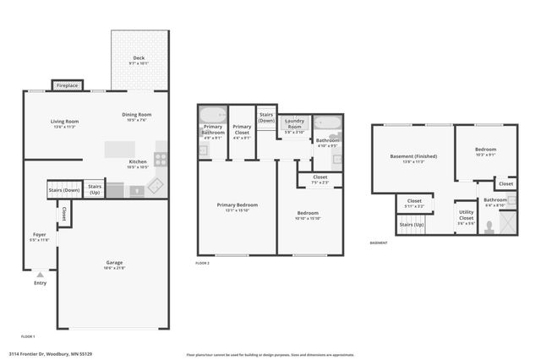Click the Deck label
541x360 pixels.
pyautogui.click(x=138, y=59)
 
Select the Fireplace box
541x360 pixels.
pyautogui.click(x=67, y=85)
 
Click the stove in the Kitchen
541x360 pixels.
pyautogui.click(x=161, y=157)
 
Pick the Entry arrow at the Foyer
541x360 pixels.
pyautogui.click(x=39, y=274)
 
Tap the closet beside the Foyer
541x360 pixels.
pyautogui.click(x=64, y=215)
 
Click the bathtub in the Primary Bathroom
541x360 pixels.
pyautogui.click(x=213, y=114)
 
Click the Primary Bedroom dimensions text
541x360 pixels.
pyautogui.click(x=237, y=210)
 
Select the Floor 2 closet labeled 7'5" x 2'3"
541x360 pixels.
pyautogui.click(x=320, y=179)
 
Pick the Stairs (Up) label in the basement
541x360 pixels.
pyautogui.click(x=413, y=224)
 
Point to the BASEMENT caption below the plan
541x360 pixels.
pyautogui.click(x=379, y=243)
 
